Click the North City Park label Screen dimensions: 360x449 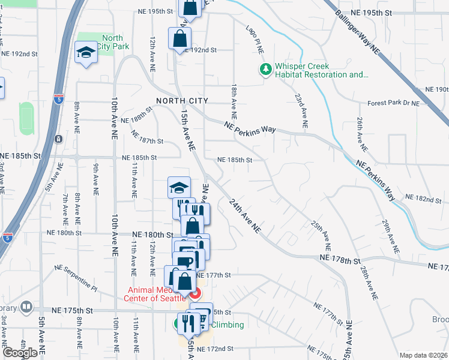pos(112,42)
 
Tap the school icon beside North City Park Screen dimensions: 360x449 pos(86,52)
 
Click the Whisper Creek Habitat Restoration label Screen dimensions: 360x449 pos(321,71)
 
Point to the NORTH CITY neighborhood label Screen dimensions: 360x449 pos(182,101)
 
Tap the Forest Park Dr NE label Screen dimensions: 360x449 pos(393,103)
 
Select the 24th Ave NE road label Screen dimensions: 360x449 pos(247,216)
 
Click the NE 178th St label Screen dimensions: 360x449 pos(339,259)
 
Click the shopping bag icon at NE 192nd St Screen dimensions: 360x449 pos(180,39)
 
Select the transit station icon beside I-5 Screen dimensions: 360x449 pos(58,139)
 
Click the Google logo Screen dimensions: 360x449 pos(20,352)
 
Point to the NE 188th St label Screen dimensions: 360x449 pos(137,119)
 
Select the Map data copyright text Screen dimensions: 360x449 pos(423,355)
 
